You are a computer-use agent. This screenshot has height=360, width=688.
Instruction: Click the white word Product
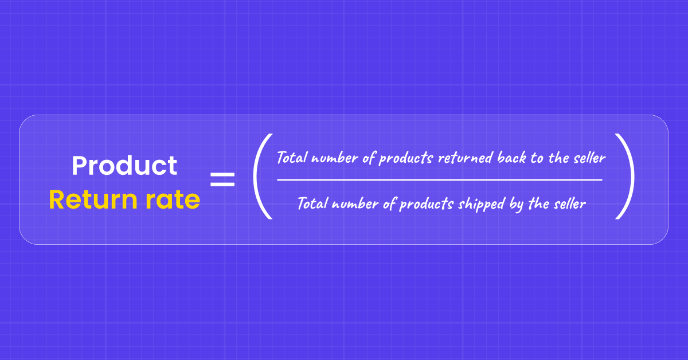(124, 166)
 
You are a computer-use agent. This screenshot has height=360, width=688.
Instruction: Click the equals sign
(222, 179)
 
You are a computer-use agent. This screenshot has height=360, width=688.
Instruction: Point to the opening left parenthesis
(261, 177)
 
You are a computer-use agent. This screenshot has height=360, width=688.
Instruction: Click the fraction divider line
(439, 179)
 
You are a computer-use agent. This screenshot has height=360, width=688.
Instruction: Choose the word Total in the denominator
(313, 204)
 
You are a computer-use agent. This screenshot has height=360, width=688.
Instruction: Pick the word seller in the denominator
(569, 204)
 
